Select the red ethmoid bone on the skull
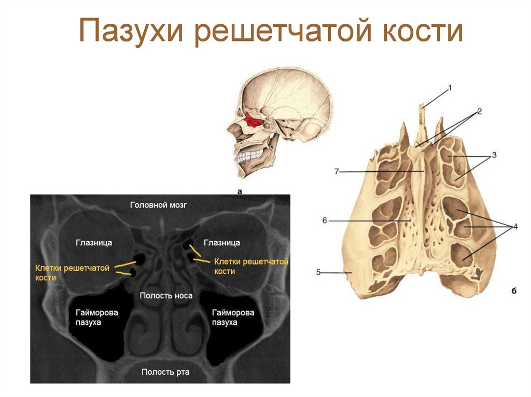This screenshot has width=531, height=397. click(x=254, y=120)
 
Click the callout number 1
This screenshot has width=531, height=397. click(x=450, y=89)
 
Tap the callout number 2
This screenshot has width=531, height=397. click(x=480, y=111)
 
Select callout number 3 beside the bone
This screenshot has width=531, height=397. click(x=494, y=154)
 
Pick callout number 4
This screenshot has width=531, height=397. click(x=515, y=226)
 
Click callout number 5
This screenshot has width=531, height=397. click(x=318, y=272)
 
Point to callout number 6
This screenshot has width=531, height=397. click(x=325, y=220)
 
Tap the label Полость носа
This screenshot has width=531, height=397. click(x=166, y=296)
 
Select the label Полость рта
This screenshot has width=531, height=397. click(x=165, y=372)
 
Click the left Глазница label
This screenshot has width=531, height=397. click(x=94, y=242)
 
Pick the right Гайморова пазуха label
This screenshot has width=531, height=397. click(x=233, y=317)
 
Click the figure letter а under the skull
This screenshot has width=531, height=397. click(x=240, y=192)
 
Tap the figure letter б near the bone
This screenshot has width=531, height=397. click(x=513, y=291)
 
